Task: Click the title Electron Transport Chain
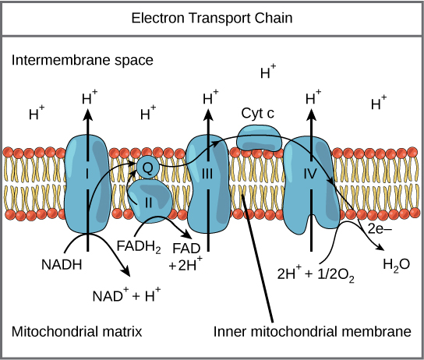211,16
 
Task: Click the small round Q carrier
148,165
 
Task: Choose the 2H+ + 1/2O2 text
316,274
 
